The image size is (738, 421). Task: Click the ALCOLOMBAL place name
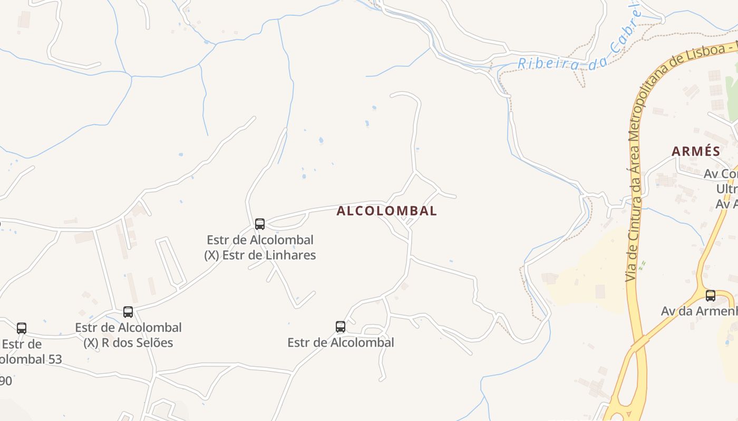[x=386, y=211]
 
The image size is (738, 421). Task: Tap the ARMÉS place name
[x=696, y=151]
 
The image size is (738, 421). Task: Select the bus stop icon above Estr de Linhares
[x=260, y=224]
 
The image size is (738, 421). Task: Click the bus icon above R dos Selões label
[x=128, y=312]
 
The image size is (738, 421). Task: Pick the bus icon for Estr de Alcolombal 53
[x=22, y=328]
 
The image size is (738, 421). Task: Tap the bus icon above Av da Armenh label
[x=711, y=295]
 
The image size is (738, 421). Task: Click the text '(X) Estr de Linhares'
[x=260, y=255]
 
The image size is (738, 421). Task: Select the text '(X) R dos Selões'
[x=128, y=343]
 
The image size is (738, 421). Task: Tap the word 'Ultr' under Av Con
[x=726, y=188]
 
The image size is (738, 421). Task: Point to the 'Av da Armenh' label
[x=698, y=311]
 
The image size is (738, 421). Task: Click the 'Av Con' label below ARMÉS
[x=720, y=174]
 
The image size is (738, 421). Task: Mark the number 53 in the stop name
[x=54, y=359]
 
